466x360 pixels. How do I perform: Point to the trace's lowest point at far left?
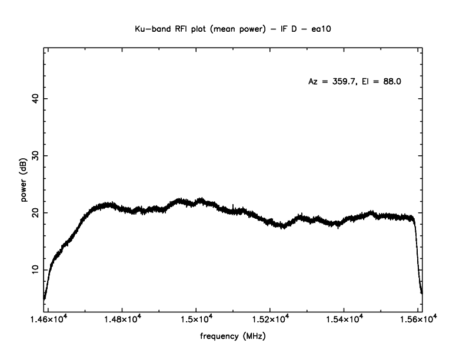(x=44, y=298)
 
